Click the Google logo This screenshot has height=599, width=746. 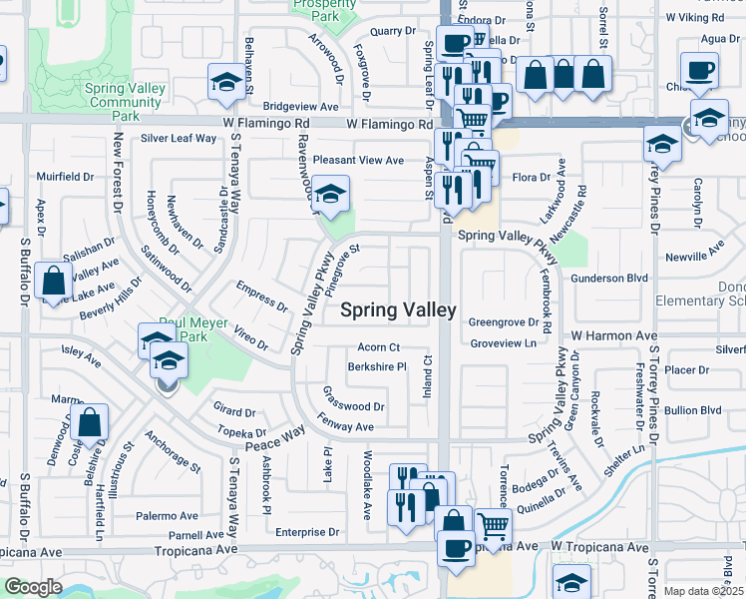(33, 587)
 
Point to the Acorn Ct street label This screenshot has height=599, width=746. (379, 347)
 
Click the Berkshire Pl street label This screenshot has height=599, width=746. (377, 366)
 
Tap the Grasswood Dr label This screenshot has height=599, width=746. (353, 406)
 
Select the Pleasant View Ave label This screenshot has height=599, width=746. (358, 160)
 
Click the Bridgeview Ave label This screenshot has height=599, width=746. (301, 106)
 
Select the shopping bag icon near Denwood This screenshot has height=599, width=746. (90, 423)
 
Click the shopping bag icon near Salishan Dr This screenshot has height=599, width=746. (52, 281)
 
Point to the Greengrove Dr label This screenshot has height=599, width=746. (510, 323)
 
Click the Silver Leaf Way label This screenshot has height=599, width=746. (180, 138)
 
